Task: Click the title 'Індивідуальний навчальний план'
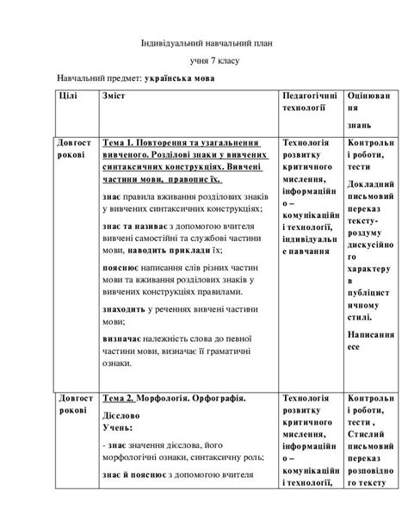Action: pyautogui.click(x=205, y=45)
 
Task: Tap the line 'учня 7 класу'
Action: pyautogui.click(x=204, y=62)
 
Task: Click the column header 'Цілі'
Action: pyautogui.click(x=68, y=96)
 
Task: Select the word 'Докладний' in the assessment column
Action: pyautogui.click(x=372, y=184)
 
